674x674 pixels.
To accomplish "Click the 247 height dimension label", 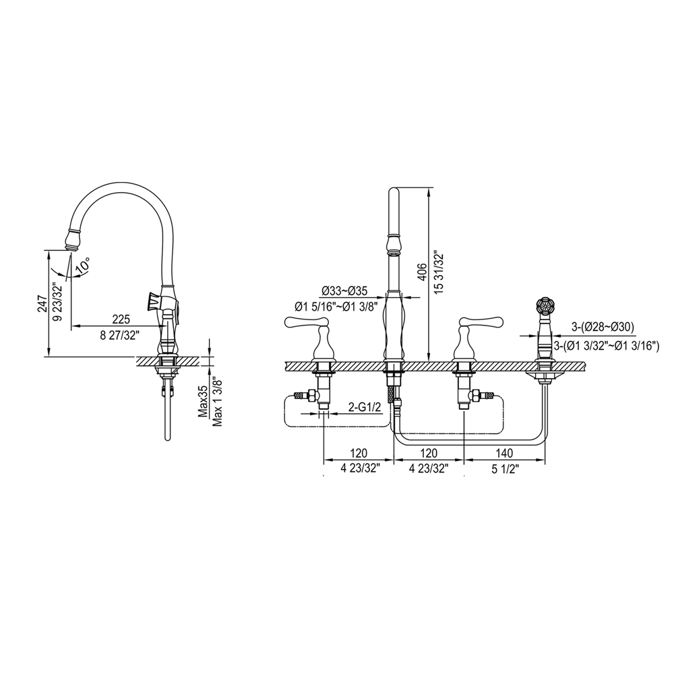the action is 42,305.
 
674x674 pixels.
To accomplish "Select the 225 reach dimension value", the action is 121,319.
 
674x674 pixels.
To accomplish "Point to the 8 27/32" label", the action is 120,336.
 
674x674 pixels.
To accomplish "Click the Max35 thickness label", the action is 204,402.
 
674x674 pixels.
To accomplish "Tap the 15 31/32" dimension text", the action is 439,272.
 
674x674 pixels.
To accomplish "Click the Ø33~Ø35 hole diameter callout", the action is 344,291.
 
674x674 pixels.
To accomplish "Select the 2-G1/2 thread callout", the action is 365,406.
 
